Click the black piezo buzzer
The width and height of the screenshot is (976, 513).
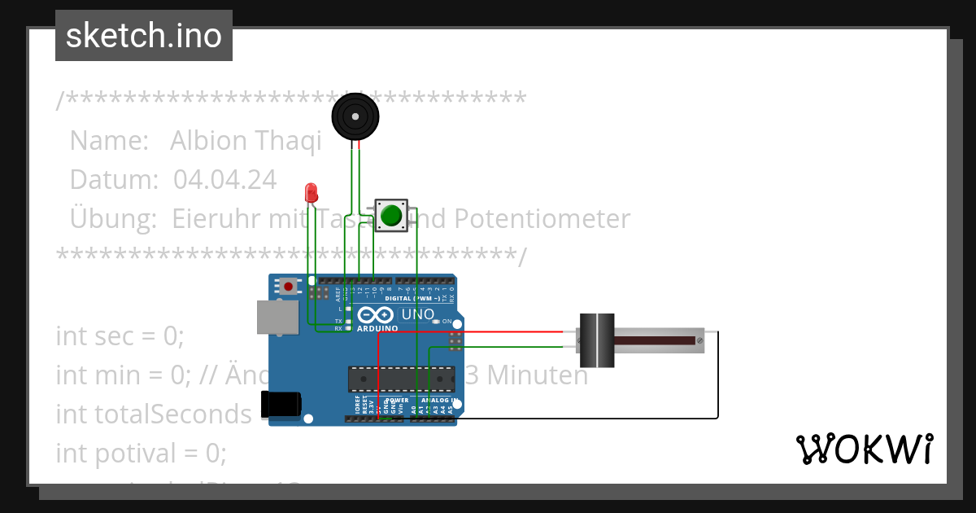[x=355, y=117]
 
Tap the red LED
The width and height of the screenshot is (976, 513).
[x=311, y=193]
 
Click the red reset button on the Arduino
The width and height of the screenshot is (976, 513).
[x=288, y=286]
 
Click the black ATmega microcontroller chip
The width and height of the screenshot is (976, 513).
[x=401, y=379]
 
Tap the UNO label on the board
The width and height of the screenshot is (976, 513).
[x=417, y=314]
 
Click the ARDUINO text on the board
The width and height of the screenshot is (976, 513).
[x=377, y=328]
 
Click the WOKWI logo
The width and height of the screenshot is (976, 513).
[x=864, y=449]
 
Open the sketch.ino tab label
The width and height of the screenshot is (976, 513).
[x=144, y=36]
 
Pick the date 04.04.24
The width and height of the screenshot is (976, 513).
[x=224, y=179]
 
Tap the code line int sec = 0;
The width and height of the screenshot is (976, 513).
[x=120, y=335]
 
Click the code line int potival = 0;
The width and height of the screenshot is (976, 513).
[x=141, y=453]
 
